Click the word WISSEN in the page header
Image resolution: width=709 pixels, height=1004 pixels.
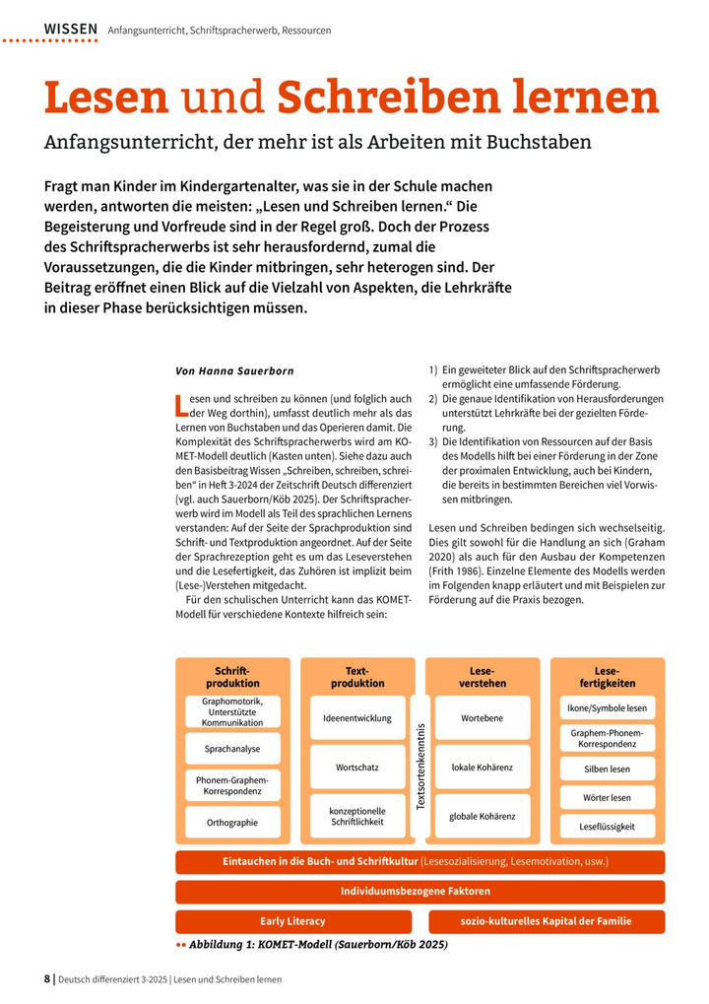point(70,30)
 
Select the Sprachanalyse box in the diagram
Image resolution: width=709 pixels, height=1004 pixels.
point(232,749)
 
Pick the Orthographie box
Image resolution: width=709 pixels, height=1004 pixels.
point(232,822)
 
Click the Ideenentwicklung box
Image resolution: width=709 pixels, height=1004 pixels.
point(357,718)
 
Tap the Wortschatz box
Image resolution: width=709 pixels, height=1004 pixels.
point(357,767)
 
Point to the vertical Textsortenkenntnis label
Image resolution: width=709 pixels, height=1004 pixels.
point(420,767)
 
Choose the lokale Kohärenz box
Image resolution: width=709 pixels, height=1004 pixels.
point(483,767)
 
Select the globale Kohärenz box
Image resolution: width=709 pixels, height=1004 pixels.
point(483,816)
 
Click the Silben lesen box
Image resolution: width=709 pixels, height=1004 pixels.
point(608,769)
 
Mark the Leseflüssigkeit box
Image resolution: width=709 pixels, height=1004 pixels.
point(608,827)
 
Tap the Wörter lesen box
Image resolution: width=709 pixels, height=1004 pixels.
point(608,797)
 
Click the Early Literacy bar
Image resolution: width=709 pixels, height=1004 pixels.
point(292,921)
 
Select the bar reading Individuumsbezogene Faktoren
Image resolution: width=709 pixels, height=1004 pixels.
point(420,892)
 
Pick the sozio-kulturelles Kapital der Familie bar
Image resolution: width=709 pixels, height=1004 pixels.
point(547,921)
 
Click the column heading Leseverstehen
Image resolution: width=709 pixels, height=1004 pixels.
point(483,677)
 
